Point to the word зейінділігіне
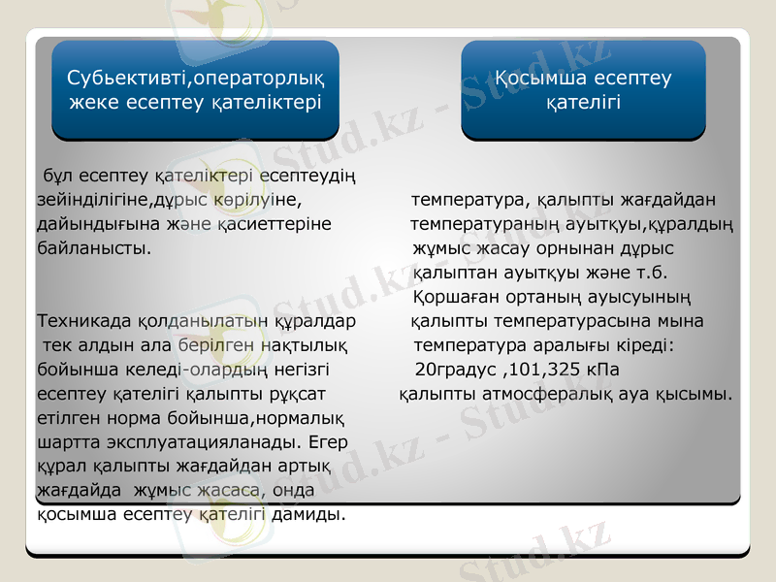click(91, 201)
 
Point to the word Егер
click(332, 442)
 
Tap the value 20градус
click(455, 370)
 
